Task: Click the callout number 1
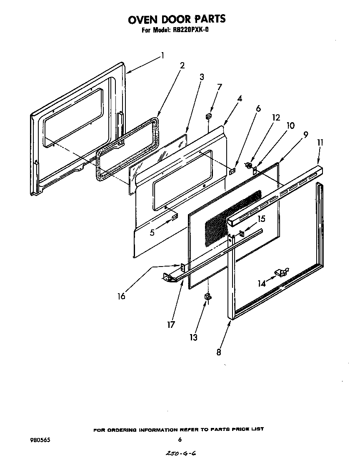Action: (x=162, y=55)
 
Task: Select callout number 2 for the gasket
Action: (x=182, y=65)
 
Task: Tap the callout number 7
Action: (x=219, y=87)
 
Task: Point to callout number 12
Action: (x=275, y=118)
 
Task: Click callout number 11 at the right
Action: (x=320, y=143)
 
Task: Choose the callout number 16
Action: (x=121, y=296)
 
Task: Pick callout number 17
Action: (x=171, y=325)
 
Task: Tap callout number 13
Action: (x=193, y=337)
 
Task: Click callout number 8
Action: (x=219, y=352)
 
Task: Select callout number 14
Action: (x=261, y=284)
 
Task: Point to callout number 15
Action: (x=261, y=219)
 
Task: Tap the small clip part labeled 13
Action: (x=207, y=297)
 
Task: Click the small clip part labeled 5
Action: (x=175, y=217)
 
